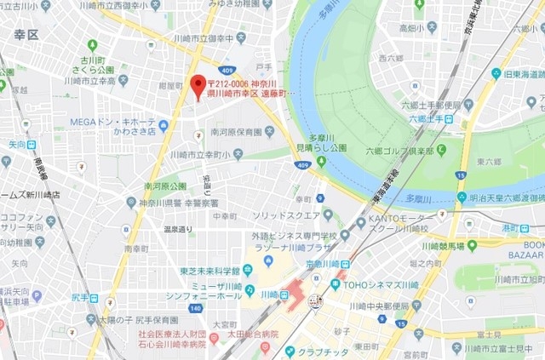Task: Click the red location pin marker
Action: click(198, 86)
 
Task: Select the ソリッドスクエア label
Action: click(285, 215)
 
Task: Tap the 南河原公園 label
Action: click(165, 186)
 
